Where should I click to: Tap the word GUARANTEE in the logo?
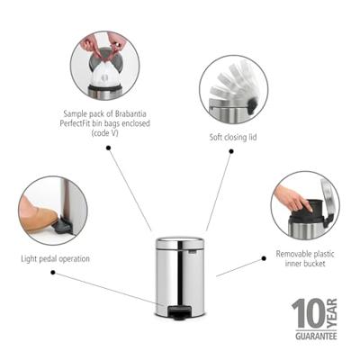point(314,337)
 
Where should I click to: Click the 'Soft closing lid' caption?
point(232,139)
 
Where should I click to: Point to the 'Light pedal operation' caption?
point(55,258)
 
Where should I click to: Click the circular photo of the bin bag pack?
point(104,65)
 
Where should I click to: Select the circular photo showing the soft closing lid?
point(233,90)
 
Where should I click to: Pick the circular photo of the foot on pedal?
point(53,210)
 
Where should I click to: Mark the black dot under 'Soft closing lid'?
point(230,152)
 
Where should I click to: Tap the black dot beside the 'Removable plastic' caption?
point(264,257)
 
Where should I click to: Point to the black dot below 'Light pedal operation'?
point(55,273)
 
